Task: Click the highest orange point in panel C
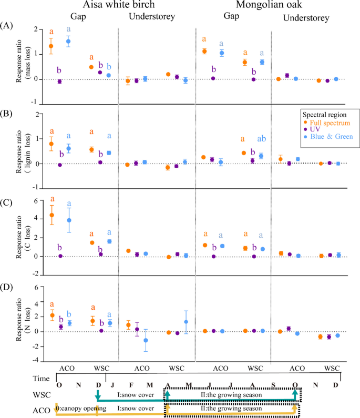(x=52, y=215)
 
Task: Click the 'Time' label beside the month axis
(x=40, y=379)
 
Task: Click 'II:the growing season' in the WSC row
(x=231, y=394)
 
